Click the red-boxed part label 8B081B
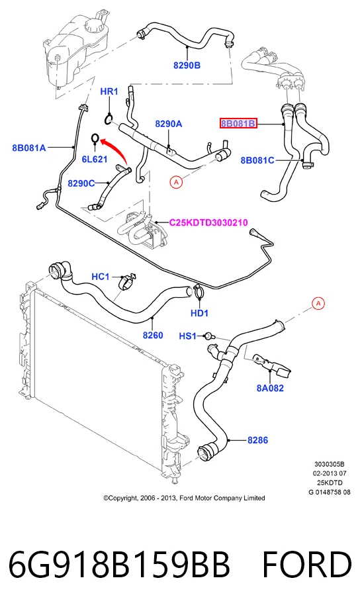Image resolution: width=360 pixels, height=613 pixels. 238,124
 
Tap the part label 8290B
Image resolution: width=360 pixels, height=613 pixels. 187,66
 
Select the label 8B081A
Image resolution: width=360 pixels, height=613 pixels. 29,148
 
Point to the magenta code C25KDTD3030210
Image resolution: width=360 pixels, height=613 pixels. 208,222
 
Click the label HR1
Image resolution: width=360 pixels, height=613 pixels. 109,91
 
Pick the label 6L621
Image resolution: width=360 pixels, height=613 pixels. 95,159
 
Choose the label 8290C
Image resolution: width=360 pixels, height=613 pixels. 81,183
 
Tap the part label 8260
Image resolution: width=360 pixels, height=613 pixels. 153,335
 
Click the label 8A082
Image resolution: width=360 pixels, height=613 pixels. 270,388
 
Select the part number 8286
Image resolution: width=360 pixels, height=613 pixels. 257,440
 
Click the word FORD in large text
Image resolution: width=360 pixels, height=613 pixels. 306,565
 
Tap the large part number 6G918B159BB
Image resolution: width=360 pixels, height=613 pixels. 119,565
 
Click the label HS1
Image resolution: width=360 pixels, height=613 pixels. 188,336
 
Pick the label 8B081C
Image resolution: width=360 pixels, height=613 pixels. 257,160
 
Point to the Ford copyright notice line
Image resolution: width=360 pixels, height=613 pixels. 184,498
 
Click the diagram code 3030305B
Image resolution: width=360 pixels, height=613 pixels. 330,465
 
